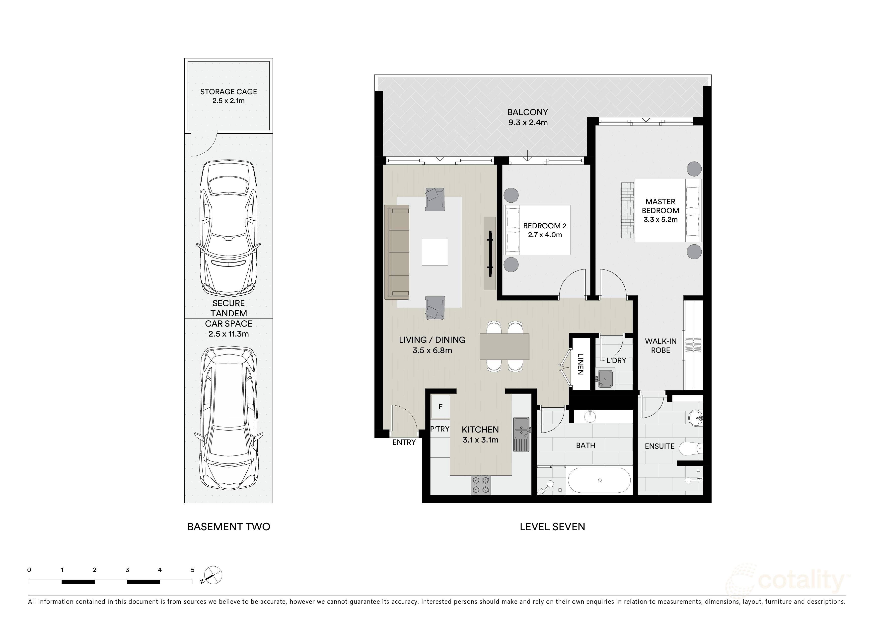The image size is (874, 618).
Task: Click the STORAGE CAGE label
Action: [x=228, y=92]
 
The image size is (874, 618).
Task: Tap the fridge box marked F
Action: [x=440, y=407]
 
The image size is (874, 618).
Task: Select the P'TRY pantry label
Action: [x=440, y=429]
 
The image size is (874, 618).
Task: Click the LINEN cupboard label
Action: [x=580, y=364]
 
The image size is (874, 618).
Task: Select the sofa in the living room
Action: [x=397, y=252]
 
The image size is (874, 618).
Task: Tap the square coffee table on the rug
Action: [x=435, y=252]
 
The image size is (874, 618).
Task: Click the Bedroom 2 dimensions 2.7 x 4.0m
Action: [x=545, y=235]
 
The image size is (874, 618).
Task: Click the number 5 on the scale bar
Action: [x=193, y=570]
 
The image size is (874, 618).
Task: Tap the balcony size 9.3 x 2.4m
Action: [x=528, y=123]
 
